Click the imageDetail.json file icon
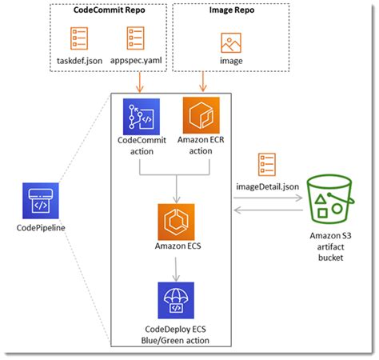[268, 165]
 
